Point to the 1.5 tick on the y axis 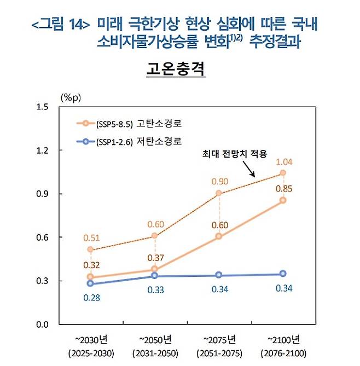(x=42, y=106)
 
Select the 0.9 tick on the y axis (x=42, y=194)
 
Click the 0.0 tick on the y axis (x=42, y=324)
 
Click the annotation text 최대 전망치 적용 (x=233, y=154)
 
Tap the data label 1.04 (x=283, y=162)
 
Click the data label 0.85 (x=283, y=189)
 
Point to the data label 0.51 (x=91, y=237)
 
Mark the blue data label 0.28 (x=91, y=298)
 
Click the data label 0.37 (x=155, y=258)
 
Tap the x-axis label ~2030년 (x=91, y=339)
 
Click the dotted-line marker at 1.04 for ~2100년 (x=283, y=173)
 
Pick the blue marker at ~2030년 (x=91, y=283)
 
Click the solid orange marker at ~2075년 (x=219, y=236)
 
